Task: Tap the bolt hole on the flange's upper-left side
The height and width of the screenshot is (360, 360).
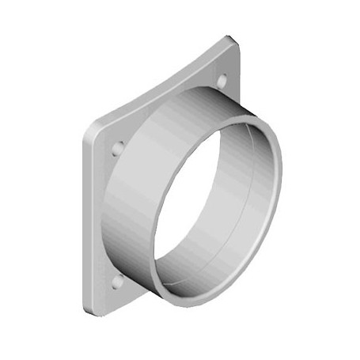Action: (x=118, y=148)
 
